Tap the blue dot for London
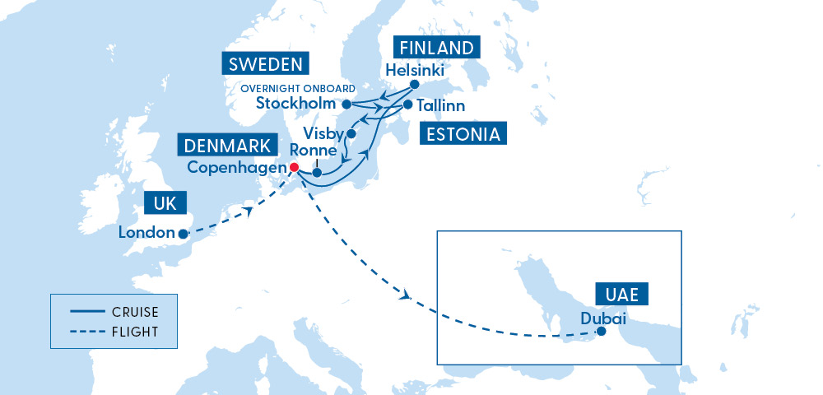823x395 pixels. pyautogui.click(x=183, y=234)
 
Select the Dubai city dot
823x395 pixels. pyautogui.click(x=602, y=332)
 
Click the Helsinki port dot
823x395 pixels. pyautogui.click(x=414, y=84)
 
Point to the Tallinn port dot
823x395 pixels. pyautogui.click(x=407, y=105)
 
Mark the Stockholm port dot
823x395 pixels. pyautogui.click(x=346, y=104)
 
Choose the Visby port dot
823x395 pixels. pyautogui.click(x=351, y=133)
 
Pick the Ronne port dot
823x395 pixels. pyautogui.click(x=317, y=173)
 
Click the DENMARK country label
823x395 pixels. pyautogui.click(x=227, y=146)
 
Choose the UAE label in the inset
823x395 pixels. pyautogui.click(x=621, y=294)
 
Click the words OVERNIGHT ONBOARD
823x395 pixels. pyautogui.click(x=299, y=88)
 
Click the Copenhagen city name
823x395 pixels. pyautogui.click(x=237, y=167)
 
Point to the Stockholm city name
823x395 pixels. pyautogui.click(x=296, y=104)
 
